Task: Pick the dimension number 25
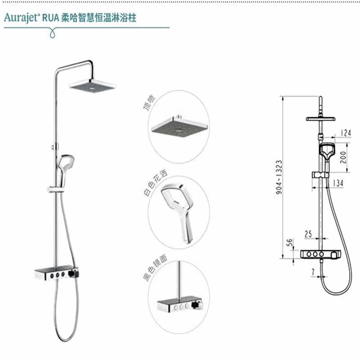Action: click(x=308, y=234)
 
